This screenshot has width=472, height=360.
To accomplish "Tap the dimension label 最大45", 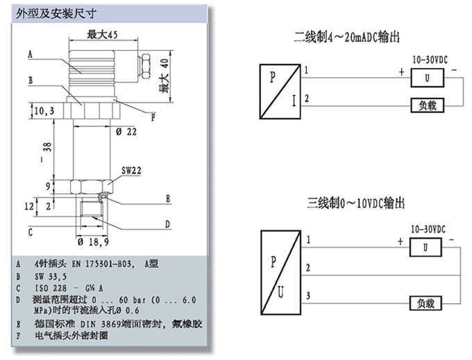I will point(101,35).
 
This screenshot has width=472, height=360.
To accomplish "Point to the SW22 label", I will point(131,169).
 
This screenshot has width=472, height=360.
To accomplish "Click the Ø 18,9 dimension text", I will point(92,242).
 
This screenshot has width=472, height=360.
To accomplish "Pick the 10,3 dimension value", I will point(43,110).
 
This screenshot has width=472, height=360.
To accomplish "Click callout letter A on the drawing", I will point(31,54).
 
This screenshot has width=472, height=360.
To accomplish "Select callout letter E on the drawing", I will point(167,198).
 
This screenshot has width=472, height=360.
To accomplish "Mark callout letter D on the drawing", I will point(167,223).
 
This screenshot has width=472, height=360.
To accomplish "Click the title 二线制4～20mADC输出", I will point(347,36).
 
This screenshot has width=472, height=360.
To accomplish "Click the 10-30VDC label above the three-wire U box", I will point(428,228).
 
